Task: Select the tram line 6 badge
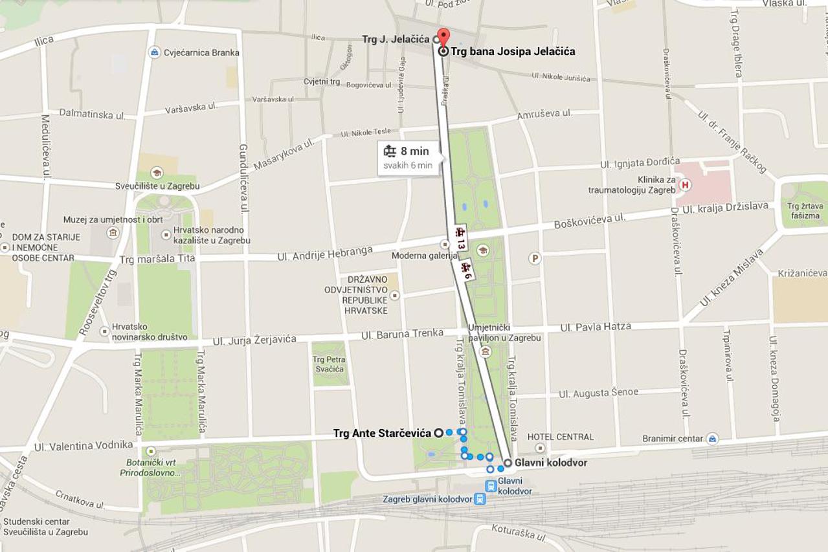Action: (x=466, y=270)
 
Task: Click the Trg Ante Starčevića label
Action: (x=382, y=433)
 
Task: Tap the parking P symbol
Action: (x=535, y=258)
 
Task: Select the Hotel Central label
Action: (x=560, y=437)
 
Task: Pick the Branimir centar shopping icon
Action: (x=712, y=438)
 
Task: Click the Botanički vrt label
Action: (x=150, y=468)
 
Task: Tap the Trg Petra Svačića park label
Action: (x=329, y=364)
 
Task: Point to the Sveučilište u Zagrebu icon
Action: (x=156, y=173)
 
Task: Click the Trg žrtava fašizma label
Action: (x=804, y=211)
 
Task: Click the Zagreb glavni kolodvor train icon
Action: (x=479, y=499)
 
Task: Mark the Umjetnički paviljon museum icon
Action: (x=485, y=351)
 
